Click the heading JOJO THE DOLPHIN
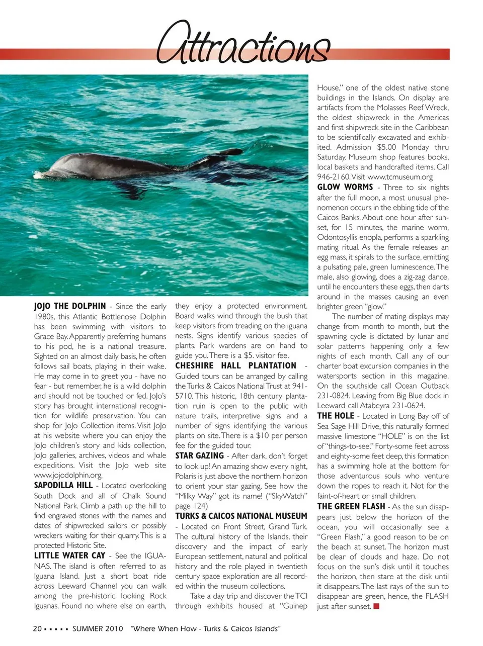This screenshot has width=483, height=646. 70,306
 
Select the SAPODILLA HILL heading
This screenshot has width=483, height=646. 63,485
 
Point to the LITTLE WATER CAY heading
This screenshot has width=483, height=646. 69,556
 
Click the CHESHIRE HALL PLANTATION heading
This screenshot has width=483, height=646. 235,366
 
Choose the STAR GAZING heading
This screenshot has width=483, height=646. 199,456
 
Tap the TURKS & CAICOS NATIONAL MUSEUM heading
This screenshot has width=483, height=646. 241,516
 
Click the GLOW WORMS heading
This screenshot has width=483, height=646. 345,187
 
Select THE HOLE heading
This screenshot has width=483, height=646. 336,416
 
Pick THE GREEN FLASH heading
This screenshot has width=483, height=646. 351,506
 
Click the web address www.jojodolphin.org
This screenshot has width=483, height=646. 68,475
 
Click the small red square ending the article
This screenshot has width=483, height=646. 376,606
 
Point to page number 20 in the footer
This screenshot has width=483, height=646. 37,629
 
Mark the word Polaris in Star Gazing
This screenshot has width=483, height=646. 187,476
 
